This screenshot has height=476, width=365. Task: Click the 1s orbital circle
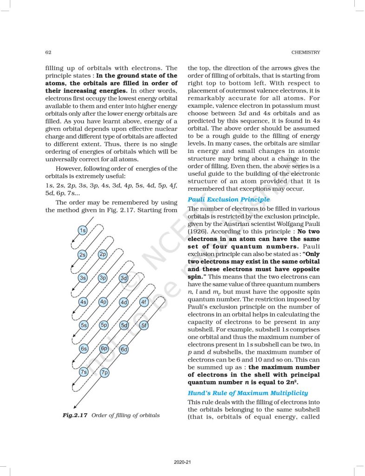point(83,231)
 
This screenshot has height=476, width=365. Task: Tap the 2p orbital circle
point(103,254)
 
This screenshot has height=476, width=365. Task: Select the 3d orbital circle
point(124,278)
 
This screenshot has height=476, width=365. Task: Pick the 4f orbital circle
point(144,302)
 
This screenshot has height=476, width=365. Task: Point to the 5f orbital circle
point(144,325)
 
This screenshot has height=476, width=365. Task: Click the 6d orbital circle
point(124,349)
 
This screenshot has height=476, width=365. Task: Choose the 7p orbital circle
point(104,372)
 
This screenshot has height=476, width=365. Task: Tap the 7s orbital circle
point(84,372)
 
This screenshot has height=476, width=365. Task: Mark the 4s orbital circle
point(83,302)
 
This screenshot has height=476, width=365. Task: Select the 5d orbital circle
point(124,325)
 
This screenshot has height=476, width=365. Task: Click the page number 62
point(48,52)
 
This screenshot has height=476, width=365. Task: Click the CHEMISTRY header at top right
point(304,52)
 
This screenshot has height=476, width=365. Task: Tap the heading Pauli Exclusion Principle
point(228,199)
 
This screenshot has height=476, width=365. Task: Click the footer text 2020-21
point(182,462)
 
